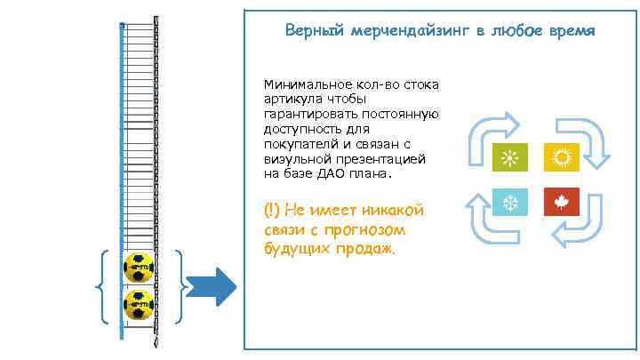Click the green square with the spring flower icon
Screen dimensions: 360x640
click(x=510, y=158)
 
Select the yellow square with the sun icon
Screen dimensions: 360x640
click(x=560, y=158)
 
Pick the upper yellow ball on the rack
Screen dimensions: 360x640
click(x=139, y=267)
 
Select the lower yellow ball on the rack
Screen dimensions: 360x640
click(x=139, y=304)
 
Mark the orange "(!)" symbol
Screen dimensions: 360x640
click(x=272, y=211)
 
